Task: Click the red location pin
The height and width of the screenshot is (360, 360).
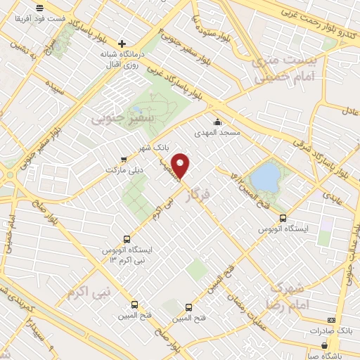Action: coord(182,165)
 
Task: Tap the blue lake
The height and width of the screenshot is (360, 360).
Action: coord(266,176)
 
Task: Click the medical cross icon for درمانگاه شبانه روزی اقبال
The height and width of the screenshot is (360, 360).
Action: coord(123,43)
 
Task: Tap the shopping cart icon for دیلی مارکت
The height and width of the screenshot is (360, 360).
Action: coord(124,159)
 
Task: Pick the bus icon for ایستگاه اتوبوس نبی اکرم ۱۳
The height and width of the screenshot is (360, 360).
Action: coord(126,238)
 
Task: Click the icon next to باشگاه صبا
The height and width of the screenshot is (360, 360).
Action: coord(324,345)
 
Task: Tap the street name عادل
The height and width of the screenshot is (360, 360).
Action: coord(350,110)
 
